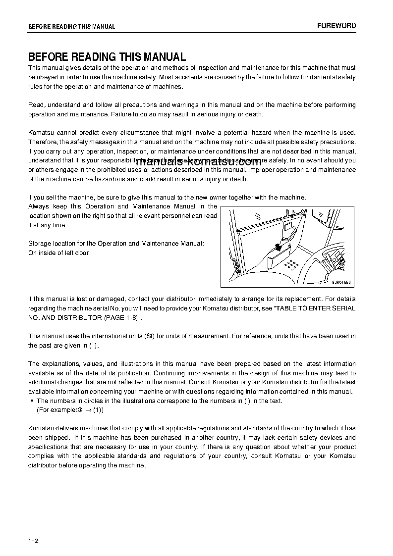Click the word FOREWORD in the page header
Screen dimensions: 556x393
click(x=337, y=26)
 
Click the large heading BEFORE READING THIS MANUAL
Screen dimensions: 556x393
click(x=107, y=57)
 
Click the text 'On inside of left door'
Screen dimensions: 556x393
click(x=58, y=253)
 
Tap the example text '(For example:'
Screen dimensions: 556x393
click(x=56, y=410)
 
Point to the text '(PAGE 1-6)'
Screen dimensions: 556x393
click(x=116, y=317)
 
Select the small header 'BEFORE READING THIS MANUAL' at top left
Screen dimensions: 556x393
click(x=71, y=27)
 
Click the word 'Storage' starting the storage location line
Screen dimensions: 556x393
click(x=40, y=244)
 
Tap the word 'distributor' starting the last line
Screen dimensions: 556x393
click(x=44, y=465)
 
